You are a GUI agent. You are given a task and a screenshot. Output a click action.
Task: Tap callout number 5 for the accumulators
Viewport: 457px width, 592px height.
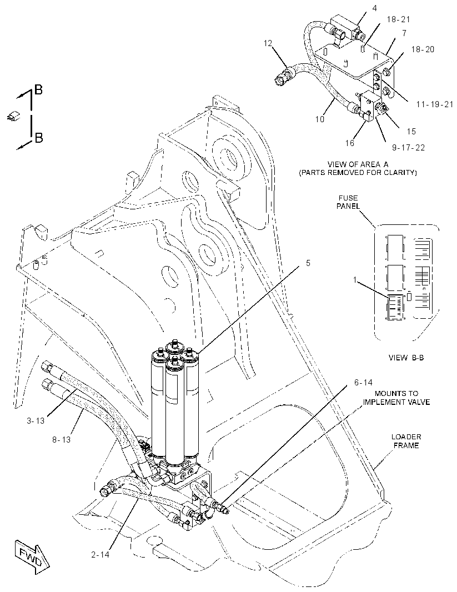(x=308, y=263)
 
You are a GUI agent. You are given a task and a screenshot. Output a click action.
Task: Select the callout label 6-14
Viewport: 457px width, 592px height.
(x=363, y=383)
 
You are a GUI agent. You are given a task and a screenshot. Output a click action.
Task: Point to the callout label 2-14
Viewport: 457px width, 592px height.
(x=100, y=555)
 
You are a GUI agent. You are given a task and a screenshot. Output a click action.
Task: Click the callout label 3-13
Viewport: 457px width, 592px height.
(x=36, y=420)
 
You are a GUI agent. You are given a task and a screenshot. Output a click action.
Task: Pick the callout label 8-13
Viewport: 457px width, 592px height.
(x=61, y=439)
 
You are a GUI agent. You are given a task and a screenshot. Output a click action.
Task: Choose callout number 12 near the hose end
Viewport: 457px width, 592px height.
(x=268, y=43)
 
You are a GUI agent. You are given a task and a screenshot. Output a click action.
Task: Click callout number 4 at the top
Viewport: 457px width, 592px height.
(x=374, y=8)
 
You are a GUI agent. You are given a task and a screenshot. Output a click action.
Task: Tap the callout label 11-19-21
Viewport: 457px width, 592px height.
(x=435, y=104)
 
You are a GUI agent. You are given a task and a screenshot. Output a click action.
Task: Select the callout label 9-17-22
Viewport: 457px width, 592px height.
(x=408, y=148)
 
